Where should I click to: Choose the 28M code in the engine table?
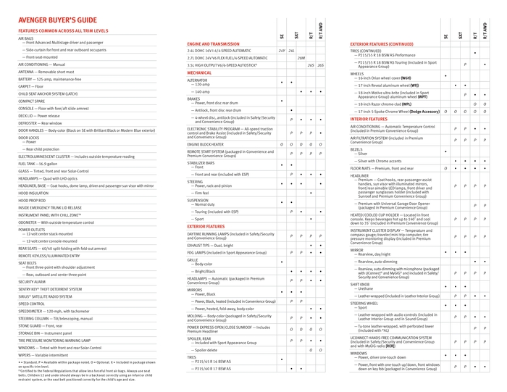point(301,58)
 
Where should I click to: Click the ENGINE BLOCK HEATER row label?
point(211,144)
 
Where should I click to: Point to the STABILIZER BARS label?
point(204,162)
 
